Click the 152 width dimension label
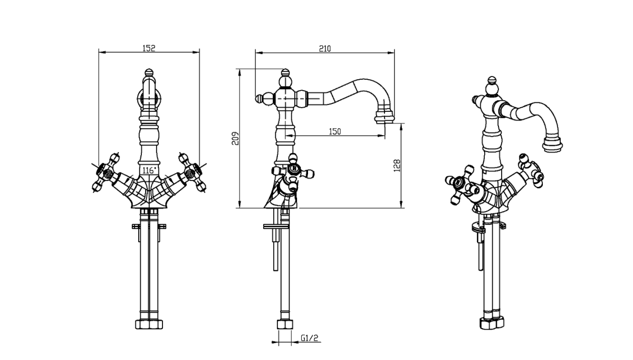pyautogui.click(x=149, y=48)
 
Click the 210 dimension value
pyautogui.click(x=324, y=49)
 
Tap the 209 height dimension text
pyautogui.click(x=236, y=138)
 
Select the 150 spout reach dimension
pyautogui.click(x=334, y=131)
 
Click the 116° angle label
pyautogui.click(x=149, y=170)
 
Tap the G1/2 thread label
pyautogui.click(x=309, y=338)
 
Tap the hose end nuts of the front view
pyautogui.click(x=149, y=323)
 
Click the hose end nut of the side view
pyautogui.click(x=285, y=324)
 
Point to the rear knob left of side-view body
pyautogui.click(x=260, y=98)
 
